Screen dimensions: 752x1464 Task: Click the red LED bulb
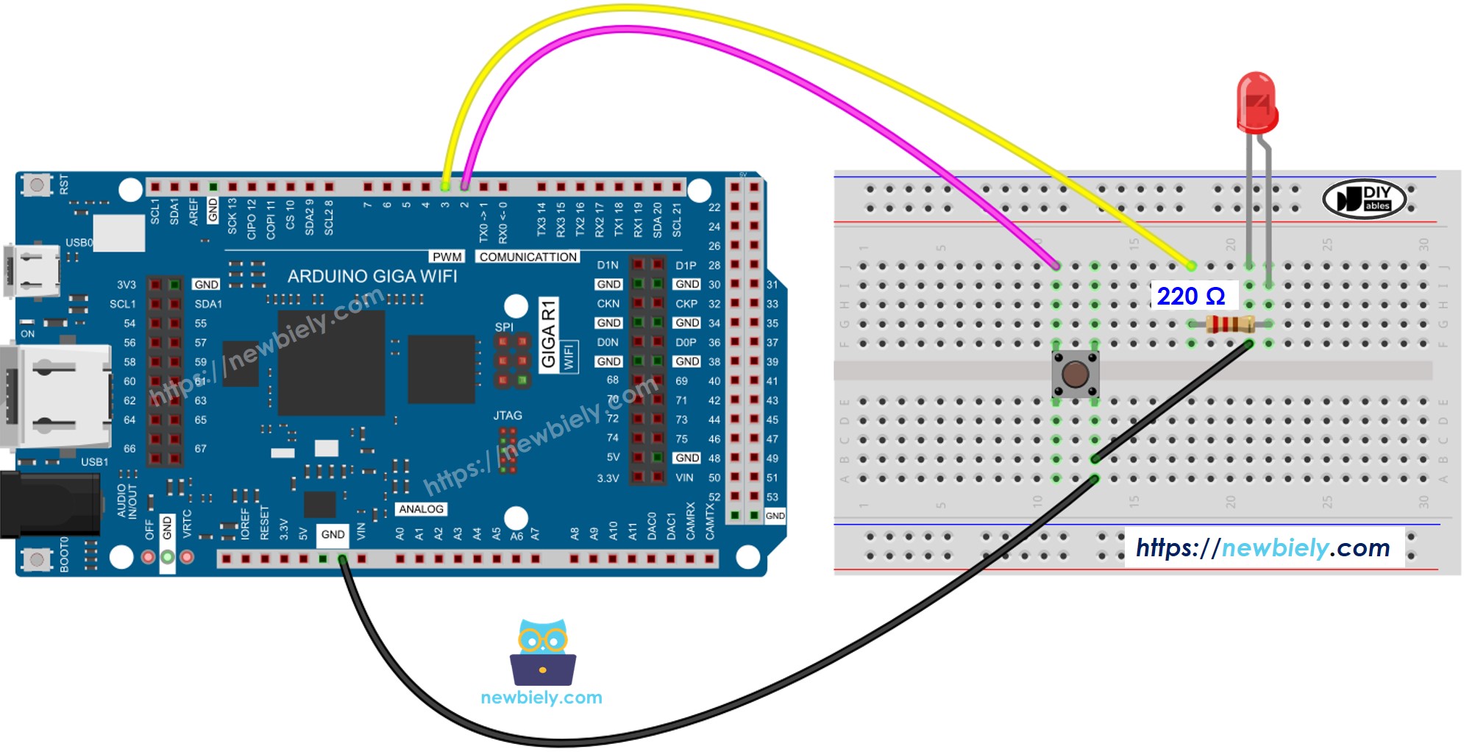(x=1257, y=103)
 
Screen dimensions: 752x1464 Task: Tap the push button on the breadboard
(x=1075, y=374)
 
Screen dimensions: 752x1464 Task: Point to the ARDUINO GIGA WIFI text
(x=372, y=276)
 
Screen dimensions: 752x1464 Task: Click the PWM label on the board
(x=447, y=257)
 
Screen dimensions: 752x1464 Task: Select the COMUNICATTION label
(x=527, y=257)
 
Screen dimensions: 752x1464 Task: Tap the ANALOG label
(x=421, y=509)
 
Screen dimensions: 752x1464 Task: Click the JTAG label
(x=508, y=416)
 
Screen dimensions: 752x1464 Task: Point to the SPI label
(x=504, y=327)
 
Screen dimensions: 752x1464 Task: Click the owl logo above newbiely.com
(x=543, y=651)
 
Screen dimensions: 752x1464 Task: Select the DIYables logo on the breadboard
(x=1365, y=199)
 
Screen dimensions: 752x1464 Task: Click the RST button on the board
(x=36, y=184)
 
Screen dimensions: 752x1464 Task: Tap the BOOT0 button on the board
(x=36, y=561)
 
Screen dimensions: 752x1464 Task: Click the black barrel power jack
(x=49, y=504)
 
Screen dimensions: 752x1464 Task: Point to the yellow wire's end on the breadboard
(x=1191, y=266)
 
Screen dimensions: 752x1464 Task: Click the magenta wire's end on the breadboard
(x=1056, y=266)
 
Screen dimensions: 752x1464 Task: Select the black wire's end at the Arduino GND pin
(x=342, y=560)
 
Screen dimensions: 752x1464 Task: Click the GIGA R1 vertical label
(x=549, y=334)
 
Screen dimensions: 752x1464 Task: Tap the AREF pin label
(x=193, y=210)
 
